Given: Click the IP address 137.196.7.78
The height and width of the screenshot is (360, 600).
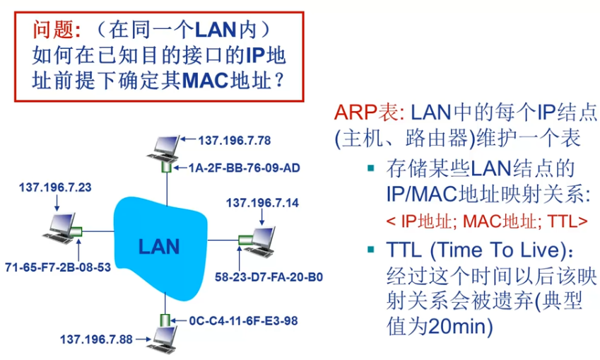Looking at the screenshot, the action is [234, 140].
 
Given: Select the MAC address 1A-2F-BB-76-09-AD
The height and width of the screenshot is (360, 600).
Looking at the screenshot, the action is [244, 168].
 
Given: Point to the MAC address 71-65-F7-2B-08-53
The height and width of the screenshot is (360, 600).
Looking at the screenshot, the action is [57, 267].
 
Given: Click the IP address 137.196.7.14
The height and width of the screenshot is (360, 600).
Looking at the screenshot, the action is [262, 203].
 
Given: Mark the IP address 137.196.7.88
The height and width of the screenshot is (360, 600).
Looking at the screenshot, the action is [96, 339].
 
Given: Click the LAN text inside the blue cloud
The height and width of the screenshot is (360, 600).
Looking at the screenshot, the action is [159, 246].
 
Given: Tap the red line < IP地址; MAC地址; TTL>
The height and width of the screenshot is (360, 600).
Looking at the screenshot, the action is [487, 220].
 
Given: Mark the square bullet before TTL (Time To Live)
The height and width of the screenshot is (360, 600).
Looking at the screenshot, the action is [372, 250].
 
